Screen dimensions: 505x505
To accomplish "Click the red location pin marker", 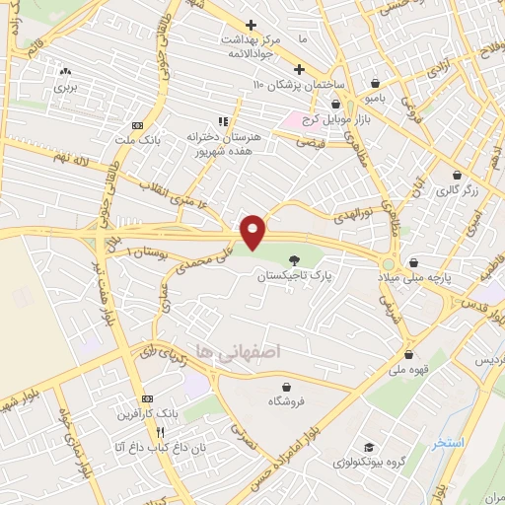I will (x=253, y=231).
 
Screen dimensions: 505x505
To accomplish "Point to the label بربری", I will (x=66, y=87).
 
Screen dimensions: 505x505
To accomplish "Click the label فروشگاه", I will (x=286, y=402).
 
